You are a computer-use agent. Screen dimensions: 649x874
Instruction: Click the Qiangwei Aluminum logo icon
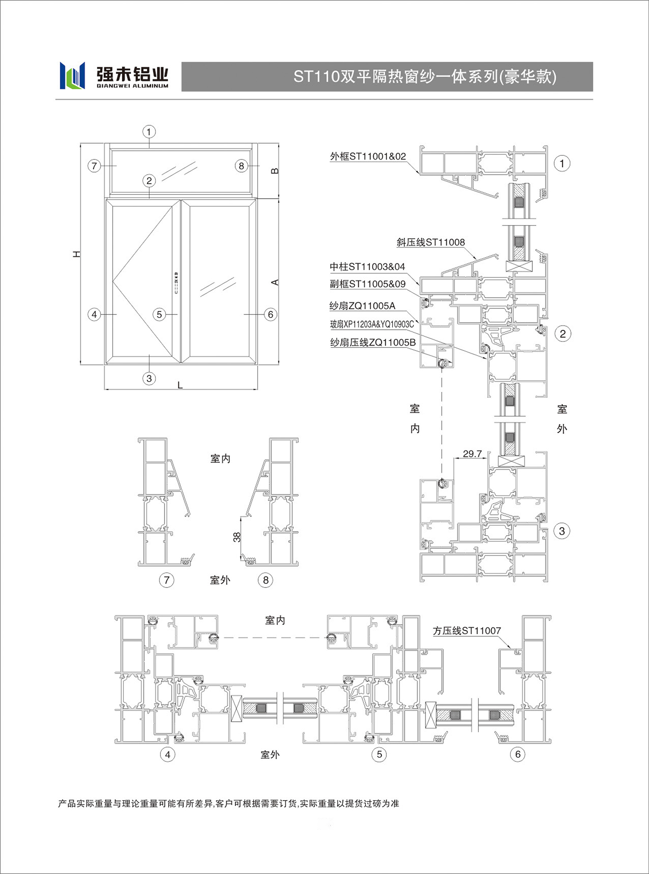pos(73,76)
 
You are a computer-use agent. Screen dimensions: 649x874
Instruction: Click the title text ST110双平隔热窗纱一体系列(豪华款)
pos(425,77)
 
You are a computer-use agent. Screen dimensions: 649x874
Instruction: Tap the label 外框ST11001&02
pos(368,156)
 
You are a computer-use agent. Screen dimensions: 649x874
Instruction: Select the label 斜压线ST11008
pos(430,242)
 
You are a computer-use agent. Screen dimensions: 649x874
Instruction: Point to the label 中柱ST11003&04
pos(367,267)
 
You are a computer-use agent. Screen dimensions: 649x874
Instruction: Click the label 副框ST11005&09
pos(367,284)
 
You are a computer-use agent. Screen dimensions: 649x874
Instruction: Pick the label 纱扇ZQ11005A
pos(362,306)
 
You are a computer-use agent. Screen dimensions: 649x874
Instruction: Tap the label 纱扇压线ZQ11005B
pos(373,342)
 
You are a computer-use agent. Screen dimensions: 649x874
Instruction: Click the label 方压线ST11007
pos(467,631)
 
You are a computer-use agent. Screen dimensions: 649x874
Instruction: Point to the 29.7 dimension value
pos(472,454)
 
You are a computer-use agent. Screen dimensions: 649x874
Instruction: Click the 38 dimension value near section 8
pos(237,537)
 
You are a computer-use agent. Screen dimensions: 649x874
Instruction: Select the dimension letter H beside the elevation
pos(77,254)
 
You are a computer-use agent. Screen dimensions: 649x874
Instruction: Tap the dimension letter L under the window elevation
pos(180,385)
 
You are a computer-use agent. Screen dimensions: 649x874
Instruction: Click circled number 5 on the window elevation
pos(159,314)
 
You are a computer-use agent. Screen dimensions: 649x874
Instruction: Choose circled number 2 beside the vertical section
pos(562,334)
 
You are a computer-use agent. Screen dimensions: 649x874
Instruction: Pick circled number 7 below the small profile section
pos(167,580)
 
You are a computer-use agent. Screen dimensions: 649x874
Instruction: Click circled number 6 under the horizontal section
pos(517,754)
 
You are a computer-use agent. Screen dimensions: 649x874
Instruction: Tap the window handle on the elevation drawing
pos(176,283)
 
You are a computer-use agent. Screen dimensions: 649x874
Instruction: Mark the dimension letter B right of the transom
pos(274,171)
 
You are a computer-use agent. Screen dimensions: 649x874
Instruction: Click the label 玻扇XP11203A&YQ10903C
pos(372,324)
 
